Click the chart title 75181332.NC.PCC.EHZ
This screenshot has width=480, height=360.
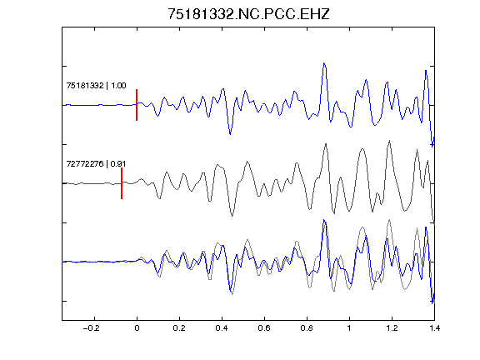(248, 14)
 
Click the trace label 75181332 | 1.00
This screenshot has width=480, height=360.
(96, 85)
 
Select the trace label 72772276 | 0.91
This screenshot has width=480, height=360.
(96, 164)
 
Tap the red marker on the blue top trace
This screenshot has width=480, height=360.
(137, 105)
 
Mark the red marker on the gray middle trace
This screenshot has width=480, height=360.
(122, 183)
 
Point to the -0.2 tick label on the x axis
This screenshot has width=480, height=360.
(92, 328)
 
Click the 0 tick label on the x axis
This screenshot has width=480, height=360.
(137, 328)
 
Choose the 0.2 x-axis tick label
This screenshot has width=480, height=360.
(179, 328)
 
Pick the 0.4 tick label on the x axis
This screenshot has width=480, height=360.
(222, 328)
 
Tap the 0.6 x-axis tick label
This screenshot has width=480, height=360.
(264, 328)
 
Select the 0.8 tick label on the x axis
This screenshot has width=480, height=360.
(307, 328)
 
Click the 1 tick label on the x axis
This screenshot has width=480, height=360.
(349, 328)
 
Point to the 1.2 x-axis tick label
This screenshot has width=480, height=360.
(392, 328)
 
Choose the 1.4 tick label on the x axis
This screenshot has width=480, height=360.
(434, 328)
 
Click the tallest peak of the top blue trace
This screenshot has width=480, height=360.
(324, 63)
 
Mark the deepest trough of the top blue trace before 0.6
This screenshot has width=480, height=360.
(230, 134)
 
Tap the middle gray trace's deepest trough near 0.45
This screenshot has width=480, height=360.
(232, 216)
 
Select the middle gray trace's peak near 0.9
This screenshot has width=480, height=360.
(326, 144)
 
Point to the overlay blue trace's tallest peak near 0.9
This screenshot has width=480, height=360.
(324, 220)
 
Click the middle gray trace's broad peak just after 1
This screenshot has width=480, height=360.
(362, 149)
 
